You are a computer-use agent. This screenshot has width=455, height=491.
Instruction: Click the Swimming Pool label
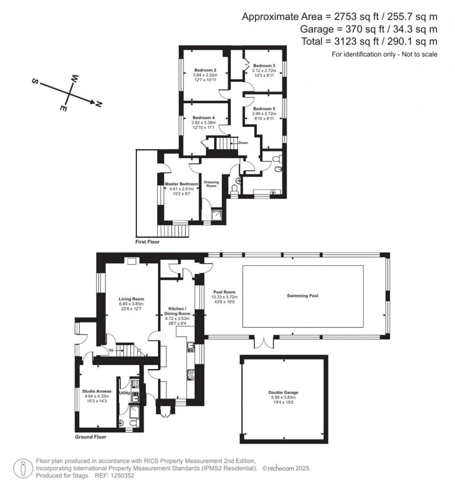pos(302,295)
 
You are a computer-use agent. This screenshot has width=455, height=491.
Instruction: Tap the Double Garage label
pos(283,393)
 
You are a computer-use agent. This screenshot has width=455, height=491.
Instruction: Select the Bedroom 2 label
pos(205,70)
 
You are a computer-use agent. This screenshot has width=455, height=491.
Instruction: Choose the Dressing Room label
pos(212,183)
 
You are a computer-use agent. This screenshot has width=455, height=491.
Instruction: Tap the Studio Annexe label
pos(94,391)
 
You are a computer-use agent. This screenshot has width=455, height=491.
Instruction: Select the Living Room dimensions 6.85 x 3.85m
pos(131,304)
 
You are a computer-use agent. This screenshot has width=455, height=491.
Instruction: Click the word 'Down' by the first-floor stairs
pos(243,143)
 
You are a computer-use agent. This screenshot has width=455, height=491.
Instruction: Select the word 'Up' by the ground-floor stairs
pos(112,350)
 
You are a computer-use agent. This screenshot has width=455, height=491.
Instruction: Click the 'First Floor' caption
pos(148,242)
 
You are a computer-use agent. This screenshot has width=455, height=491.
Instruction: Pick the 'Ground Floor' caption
pos(91,437)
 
